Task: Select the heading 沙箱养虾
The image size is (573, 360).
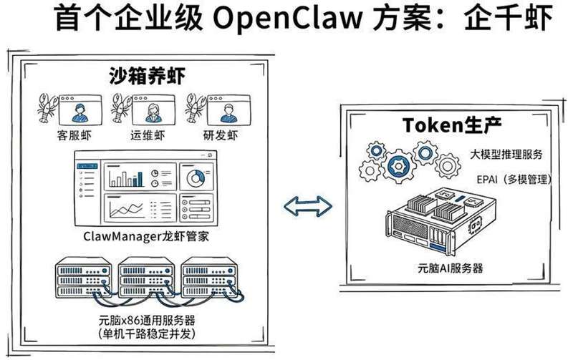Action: click(x=144, y=74)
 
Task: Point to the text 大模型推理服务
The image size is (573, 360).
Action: click(x=506, y=154)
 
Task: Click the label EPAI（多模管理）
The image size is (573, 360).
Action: click(x=509, y=178)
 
